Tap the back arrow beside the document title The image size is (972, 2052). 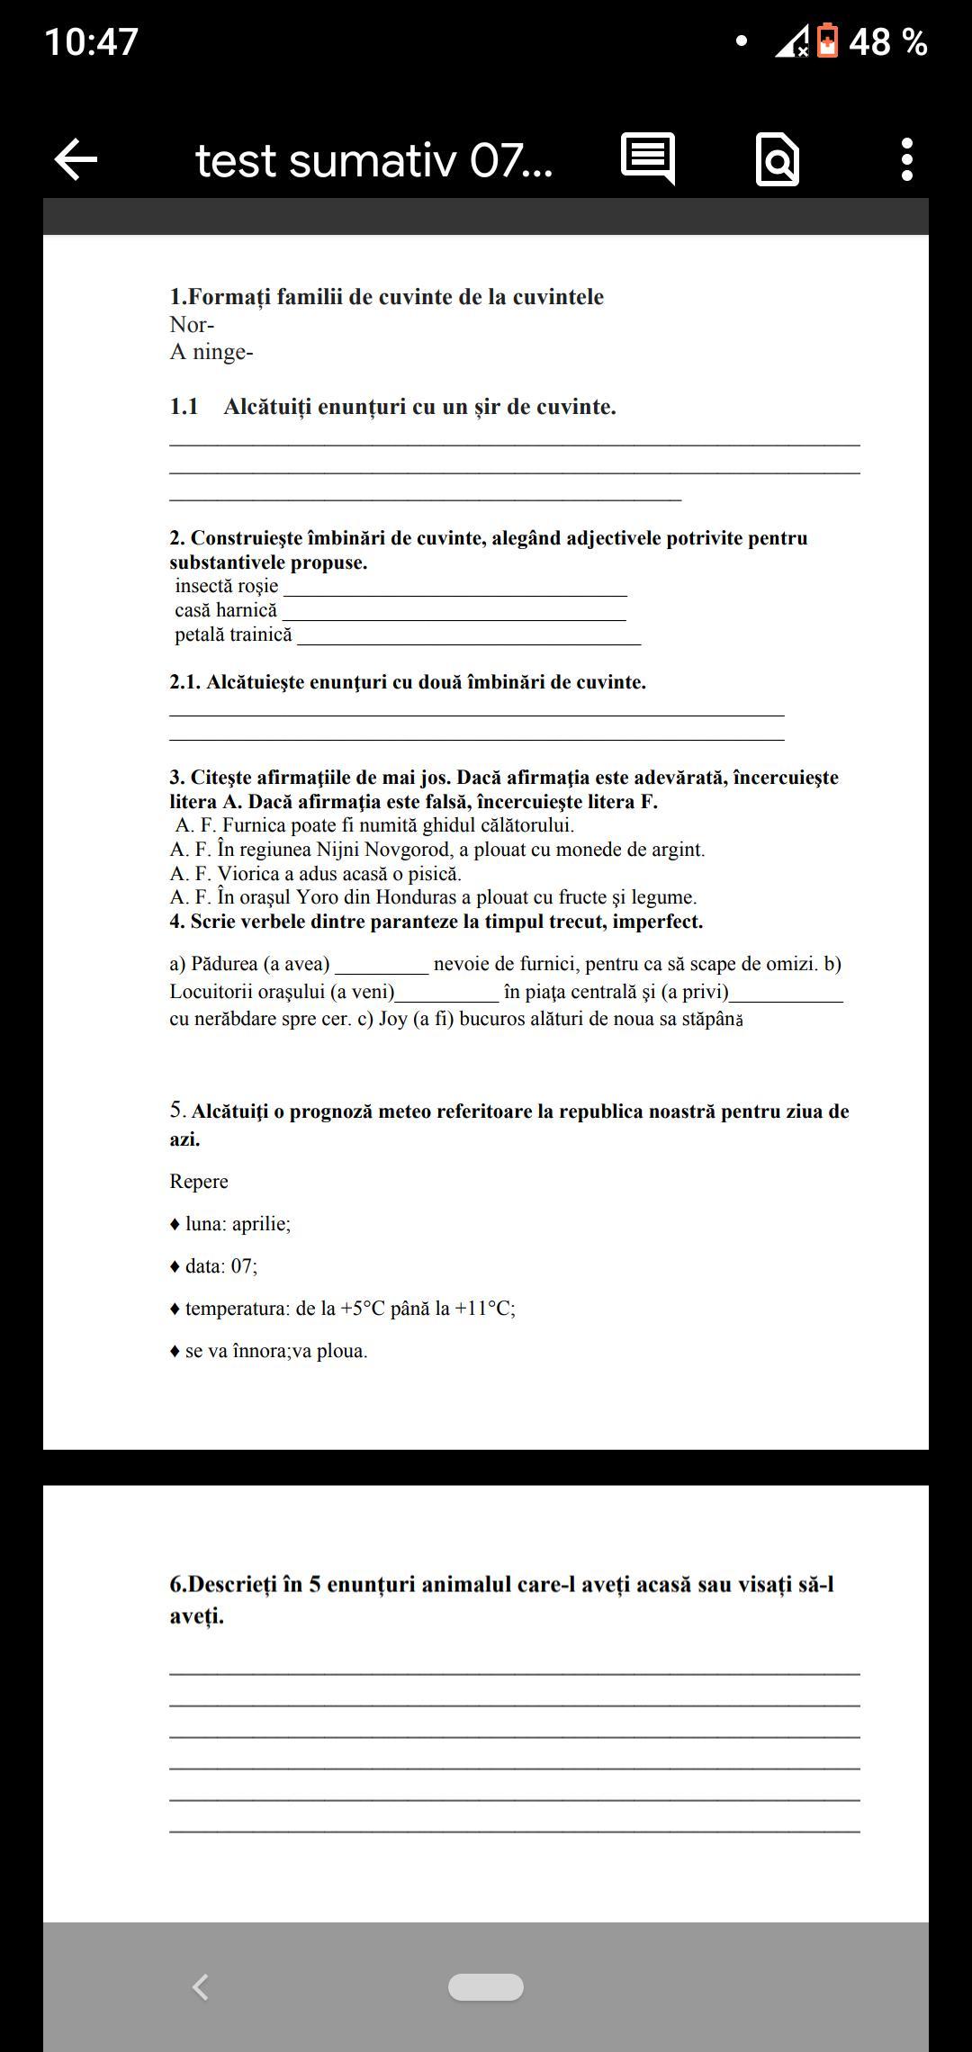[76, 160]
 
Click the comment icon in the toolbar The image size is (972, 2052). [648, 158]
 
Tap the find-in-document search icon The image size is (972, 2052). [778, 160]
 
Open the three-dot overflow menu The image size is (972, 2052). [906, 160]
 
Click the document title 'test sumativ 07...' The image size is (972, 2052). [373, 161]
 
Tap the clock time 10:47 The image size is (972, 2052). [91, 42]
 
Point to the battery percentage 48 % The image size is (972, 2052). [887, 42]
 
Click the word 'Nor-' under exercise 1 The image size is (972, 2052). [192, 325]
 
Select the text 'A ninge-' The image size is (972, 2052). [211, 352]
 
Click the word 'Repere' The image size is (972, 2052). [199, 1182]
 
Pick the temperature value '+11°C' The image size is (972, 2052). [483, 1309]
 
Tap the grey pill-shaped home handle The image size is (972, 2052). [486, 1987]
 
